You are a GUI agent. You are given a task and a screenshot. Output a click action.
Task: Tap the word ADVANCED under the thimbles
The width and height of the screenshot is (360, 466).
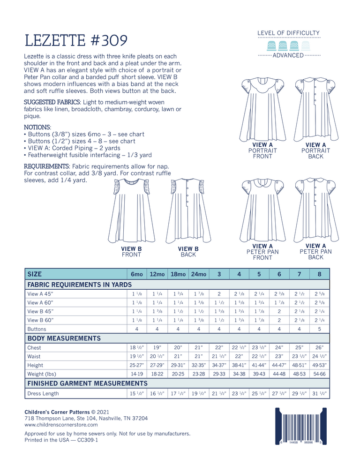tap(289, 55)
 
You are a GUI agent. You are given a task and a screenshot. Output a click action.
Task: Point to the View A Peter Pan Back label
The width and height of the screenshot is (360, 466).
tap(315, 252)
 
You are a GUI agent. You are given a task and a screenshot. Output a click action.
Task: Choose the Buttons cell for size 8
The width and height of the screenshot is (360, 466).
tap(320, 329)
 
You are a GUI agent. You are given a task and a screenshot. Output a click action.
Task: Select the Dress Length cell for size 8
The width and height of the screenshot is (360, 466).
tap(320, 394)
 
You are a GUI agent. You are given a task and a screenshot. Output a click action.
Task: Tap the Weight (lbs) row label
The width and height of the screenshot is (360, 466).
tap(42, 374)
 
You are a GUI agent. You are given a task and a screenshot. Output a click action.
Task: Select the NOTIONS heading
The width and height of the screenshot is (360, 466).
tap(37, 127)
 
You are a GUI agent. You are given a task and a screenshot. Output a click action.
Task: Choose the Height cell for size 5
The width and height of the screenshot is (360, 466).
tap(259, 365)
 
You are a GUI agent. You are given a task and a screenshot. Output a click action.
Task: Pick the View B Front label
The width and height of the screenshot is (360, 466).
tap(131, 252)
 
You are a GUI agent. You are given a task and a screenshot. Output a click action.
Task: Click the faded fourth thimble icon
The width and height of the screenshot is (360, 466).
tap(306, 45)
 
